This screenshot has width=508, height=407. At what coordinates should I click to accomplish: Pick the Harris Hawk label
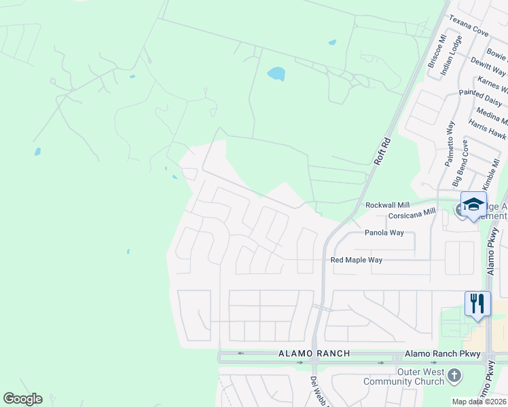487,131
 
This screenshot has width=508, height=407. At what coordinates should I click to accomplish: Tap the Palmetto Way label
449,144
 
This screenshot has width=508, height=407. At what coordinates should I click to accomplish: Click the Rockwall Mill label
387,205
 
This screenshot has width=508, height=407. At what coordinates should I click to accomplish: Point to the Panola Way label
384,233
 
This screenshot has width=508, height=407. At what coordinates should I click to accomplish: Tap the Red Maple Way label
356,260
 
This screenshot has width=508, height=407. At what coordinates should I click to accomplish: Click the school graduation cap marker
473,204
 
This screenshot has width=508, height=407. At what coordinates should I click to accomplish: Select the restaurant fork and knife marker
477,303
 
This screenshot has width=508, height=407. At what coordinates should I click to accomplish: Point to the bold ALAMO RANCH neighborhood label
314,353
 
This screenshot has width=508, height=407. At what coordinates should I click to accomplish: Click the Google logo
22,399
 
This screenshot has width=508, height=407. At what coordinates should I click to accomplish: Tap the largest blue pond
276,73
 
